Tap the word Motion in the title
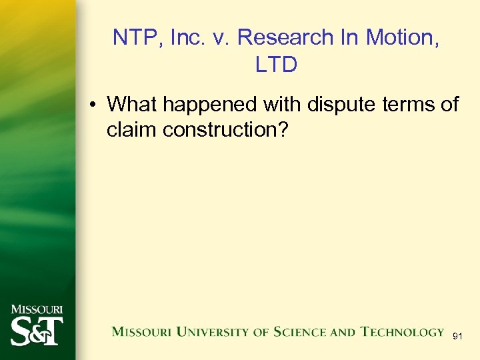(404, 37)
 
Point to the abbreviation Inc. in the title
(186, 37)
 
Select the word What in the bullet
(131, 104)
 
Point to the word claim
(131, 130)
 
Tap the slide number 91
(457, 337)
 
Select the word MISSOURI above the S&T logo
(37, 309)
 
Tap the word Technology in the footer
(402, 332)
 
